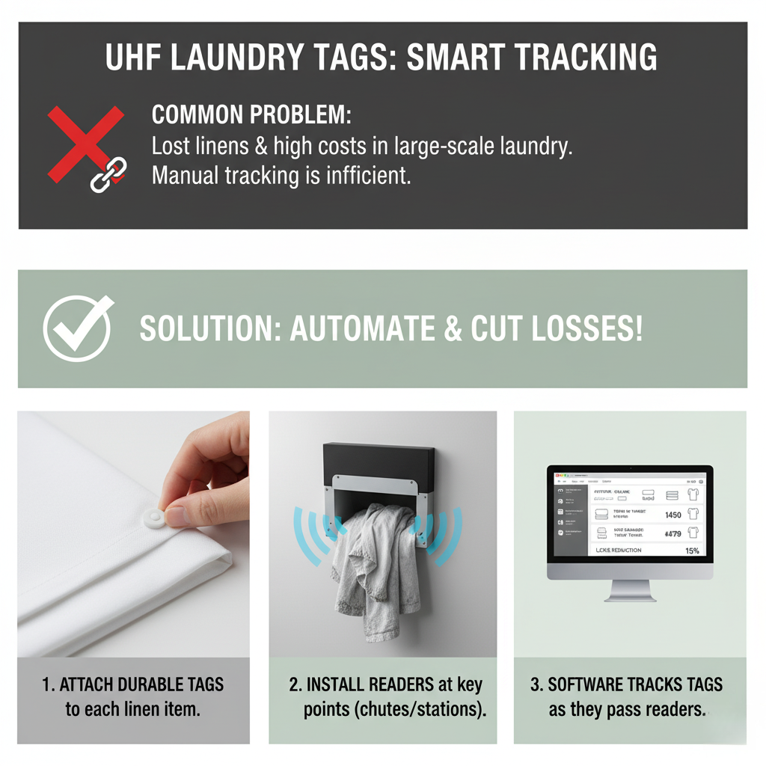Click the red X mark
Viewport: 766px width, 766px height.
pos(85,144)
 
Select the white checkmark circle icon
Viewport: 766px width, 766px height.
pos(78,328)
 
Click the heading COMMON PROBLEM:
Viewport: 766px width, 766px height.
pos(251,115)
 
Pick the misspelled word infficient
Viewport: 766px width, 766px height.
pos(364,176)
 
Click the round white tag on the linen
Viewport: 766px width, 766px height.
pos(156,515)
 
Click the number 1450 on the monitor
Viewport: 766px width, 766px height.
pos(672,515)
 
